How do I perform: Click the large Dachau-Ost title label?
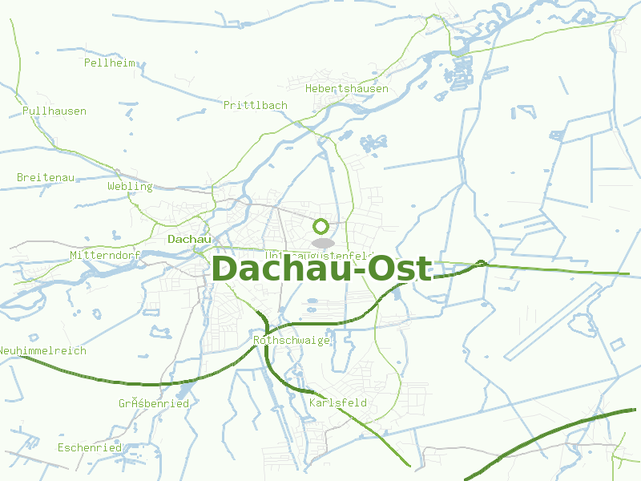pos(320,269)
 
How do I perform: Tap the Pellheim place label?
pos(109,63)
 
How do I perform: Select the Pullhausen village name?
pos(54,111)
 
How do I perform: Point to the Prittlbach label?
pos(256,105)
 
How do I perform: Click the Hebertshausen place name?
pos(346,88)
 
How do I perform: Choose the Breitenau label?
pos(45,177)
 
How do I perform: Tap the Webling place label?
pos(130,186)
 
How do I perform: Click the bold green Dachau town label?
pos(189,239)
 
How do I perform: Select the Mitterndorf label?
pos(105,255)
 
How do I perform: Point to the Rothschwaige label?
pos(292,340)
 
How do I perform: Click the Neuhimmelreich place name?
pos(42,350)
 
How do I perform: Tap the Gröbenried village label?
pos(154,403)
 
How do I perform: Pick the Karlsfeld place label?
pos(337,402)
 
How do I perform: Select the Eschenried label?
pos(89,447)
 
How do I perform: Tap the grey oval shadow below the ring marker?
pos(322,242)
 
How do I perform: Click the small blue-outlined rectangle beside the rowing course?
pos(617,344)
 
